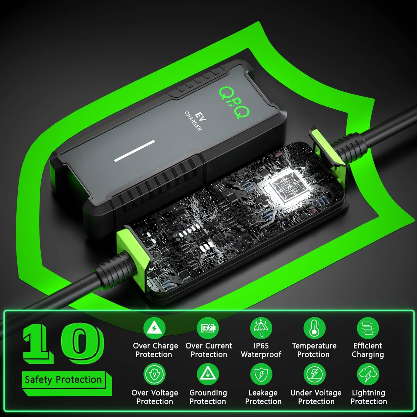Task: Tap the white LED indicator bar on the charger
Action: tap(134, 151)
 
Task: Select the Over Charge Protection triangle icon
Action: tap(154, 328)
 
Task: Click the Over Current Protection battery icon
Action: tap(208, 328)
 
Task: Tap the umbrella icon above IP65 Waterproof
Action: tap(261, 328)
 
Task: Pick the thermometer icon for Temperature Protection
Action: tap(314, 328)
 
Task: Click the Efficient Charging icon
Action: tap(368, 328)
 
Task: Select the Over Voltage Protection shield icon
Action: tap(154, 374)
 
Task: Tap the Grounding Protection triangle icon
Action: tap(208, 374)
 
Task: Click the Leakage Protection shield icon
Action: tap(261, 374)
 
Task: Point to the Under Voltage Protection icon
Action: tap(314, 374)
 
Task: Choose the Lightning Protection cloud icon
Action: tap(368, 374)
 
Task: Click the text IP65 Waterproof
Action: tap(261, 350)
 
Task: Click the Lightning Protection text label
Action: tap(369, 397)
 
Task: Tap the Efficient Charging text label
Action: tap(368, 350)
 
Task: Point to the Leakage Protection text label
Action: tap(263, 397)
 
